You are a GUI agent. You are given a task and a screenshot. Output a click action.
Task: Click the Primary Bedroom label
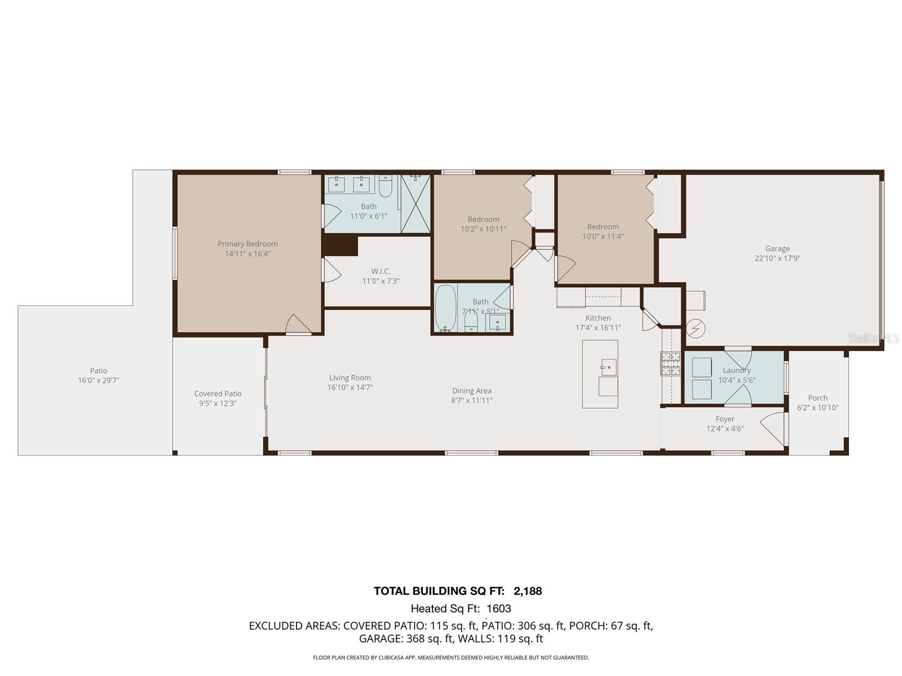tap(247, 244)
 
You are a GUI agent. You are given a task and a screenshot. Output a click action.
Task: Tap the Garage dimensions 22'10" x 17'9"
tap(777, 258)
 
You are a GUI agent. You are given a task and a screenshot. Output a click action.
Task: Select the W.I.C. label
tap(381, 272)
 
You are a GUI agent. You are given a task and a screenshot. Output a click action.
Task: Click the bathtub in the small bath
tap(445, 308)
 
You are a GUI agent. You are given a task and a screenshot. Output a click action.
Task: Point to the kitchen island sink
tap(608, 367)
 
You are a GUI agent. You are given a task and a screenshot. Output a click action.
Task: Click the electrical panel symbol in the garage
tap(696, 329)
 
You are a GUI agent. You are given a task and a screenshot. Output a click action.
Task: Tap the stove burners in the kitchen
tap(670, 364)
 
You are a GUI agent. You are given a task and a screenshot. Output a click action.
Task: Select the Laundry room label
tap(736, 370)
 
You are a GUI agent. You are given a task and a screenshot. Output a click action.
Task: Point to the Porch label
tap(817, 398)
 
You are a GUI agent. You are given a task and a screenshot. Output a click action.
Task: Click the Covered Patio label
tap(218, 394)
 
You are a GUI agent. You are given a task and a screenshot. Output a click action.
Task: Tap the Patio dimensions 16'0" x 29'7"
tap(99, 380)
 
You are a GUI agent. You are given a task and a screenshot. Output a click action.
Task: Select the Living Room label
tap(350, 377)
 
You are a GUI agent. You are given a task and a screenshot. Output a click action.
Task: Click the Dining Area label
tap(471, 391)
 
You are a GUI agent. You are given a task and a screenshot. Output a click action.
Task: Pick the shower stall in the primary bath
tap(415, 204)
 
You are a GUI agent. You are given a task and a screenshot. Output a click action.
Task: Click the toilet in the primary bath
tap(386, 186)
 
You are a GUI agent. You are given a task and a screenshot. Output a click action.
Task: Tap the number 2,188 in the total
tap(528, 591)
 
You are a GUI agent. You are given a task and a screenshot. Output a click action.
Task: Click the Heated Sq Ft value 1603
tap(499, 608)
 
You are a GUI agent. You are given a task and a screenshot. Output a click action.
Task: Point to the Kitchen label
tap(598, 318)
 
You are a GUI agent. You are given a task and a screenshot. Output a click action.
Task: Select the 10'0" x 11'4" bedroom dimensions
tap(603, 237)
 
